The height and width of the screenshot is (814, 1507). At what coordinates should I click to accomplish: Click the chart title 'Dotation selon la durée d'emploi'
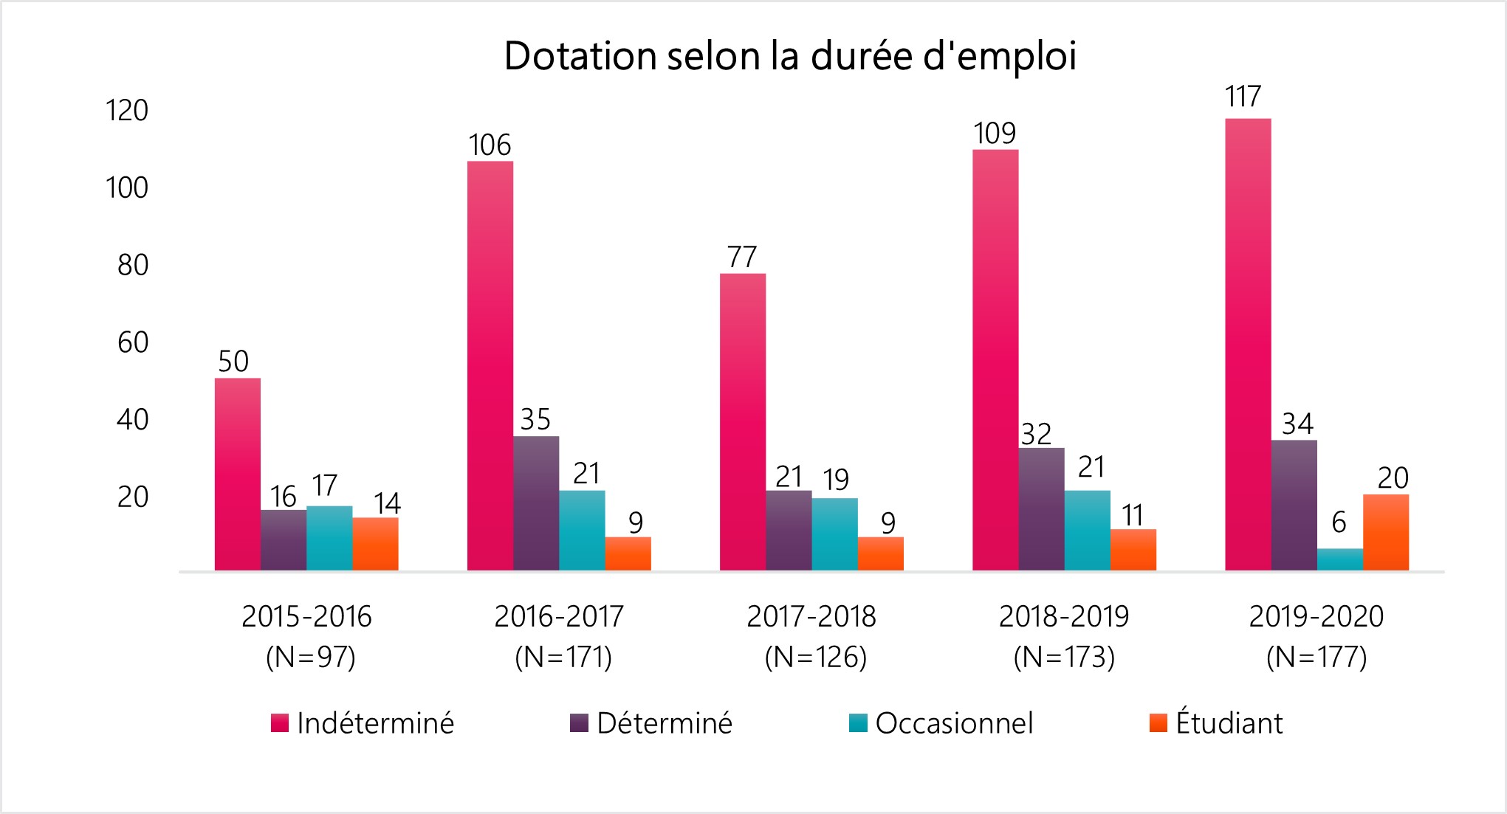789,57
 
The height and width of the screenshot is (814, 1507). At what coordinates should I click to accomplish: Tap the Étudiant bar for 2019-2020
1385,532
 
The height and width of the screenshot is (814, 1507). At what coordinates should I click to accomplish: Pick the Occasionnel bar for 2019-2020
1339,559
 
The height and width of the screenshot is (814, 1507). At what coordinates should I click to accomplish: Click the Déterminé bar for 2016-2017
536,503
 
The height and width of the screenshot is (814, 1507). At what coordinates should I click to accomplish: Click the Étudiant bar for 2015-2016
375,544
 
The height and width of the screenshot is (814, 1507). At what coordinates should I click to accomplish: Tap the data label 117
1243,97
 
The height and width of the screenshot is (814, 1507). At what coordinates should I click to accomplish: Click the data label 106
490,145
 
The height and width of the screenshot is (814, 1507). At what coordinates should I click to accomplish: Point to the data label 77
742,257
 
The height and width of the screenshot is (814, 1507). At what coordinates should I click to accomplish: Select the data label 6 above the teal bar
1339,522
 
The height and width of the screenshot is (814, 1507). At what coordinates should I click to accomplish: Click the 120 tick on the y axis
127,111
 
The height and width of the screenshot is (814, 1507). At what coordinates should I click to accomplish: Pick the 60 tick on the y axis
133,342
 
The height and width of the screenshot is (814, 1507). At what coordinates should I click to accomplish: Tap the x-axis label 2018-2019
1064,616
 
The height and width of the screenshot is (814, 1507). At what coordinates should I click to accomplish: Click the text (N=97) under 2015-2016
310,656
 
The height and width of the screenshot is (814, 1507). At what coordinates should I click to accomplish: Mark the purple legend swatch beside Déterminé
580,723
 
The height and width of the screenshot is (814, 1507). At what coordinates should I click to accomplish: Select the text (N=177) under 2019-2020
1317,656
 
